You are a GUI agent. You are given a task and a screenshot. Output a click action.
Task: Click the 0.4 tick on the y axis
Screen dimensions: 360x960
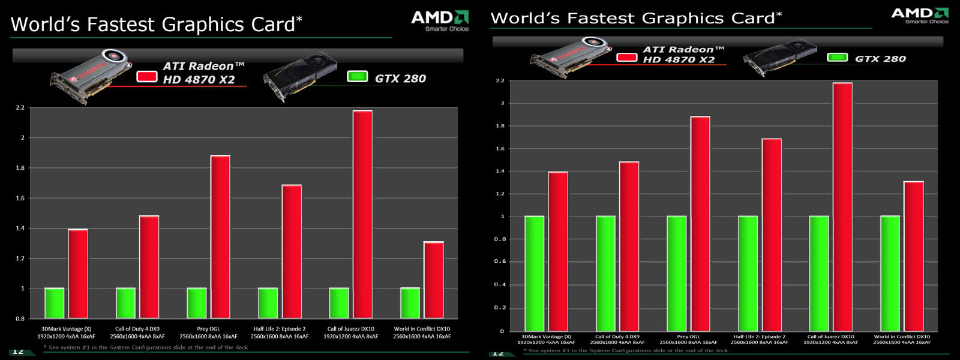pos(499,284)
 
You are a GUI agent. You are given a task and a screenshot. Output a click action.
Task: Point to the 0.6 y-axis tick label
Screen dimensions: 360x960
pos(499,262)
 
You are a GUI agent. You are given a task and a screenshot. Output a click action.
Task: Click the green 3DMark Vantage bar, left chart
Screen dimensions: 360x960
pos(55,303)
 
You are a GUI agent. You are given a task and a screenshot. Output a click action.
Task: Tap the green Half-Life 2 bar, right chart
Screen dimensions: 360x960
pos(748,273)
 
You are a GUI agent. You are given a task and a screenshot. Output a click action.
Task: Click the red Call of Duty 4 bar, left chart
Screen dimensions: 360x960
pos(149,266)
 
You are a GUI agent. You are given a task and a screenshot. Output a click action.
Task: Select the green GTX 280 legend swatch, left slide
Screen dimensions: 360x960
pos(357,77)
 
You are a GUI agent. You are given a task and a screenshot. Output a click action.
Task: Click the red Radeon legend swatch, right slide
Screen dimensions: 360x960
pos(626,57)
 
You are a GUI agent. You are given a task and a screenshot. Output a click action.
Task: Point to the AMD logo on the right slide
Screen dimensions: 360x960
pos(919,15)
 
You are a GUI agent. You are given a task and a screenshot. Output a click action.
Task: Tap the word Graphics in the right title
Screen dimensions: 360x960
pos(683,19)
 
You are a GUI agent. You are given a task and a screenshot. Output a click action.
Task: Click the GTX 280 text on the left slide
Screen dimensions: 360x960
pos(400,79)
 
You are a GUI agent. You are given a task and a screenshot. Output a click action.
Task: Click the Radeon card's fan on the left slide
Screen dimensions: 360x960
pos(116,58)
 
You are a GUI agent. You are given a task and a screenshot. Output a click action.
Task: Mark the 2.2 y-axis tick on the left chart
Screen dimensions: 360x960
pos(20,108)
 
